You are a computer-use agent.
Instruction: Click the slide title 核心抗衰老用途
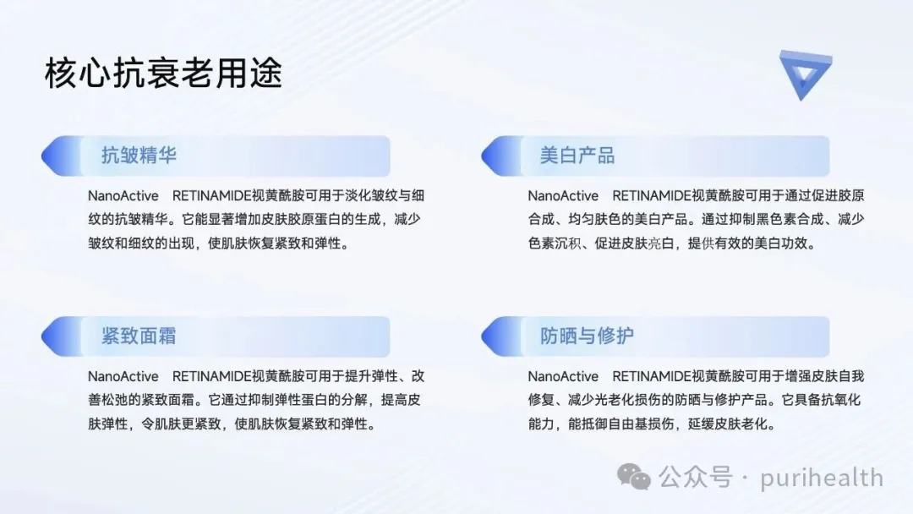click(163, 74)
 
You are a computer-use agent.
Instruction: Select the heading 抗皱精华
click(139, 156)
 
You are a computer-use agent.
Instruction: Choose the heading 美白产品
click(577, 156)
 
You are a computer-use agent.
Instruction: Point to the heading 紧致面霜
click(139, 336)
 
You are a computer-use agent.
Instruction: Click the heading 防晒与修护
click(587, 336)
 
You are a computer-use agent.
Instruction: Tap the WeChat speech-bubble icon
click(633, 478)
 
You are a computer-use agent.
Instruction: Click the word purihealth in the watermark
click(822, 478)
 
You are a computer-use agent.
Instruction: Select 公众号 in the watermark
click(696, 478)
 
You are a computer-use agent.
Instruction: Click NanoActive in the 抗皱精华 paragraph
click(123, 195)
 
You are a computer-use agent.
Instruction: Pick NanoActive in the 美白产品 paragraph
click(563, 195)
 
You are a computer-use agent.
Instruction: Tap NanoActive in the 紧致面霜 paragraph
click(123, 376)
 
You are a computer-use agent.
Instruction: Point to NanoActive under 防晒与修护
click(563, 376)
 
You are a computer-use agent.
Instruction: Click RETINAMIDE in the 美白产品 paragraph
click(652, 195)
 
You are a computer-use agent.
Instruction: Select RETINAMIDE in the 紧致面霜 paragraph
click(211, 376)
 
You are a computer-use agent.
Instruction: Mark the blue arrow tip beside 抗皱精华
click(42, 156)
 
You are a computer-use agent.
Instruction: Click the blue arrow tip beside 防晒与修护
click(482, 336)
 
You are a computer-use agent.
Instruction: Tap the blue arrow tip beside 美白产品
click(482, 156)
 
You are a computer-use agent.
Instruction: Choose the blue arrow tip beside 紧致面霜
click(42, 336)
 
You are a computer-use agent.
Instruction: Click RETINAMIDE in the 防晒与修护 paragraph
click(652, 376)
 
